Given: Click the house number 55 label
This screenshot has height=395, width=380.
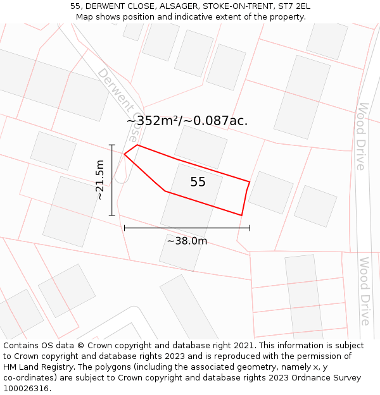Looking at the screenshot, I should point(198,182).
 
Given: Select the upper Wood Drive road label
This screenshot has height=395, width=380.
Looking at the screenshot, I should point(361,136).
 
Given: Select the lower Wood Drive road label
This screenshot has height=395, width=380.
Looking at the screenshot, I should point(364,291).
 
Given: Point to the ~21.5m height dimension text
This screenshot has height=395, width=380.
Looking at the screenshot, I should point(99,180).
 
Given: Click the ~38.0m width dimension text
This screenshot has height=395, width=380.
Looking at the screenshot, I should point(187,241).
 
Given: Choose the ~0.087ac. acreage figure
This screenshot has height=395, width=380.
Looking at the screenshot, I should point(215,121).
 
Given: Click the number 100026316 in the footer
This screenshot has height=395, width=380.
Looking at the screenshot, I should point(27,389).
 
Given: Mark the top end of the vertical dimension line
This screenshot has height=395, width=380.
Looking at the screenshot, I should point(112,145).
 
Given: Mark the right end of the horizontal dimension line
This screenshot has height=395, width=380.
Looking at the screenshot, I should point(250,228).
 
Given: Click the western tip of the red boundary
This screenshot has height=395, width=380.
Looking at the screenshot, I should point(124,154).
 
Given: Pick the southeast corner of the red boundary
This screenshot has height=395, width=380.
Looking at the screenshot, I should point(241,216).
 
